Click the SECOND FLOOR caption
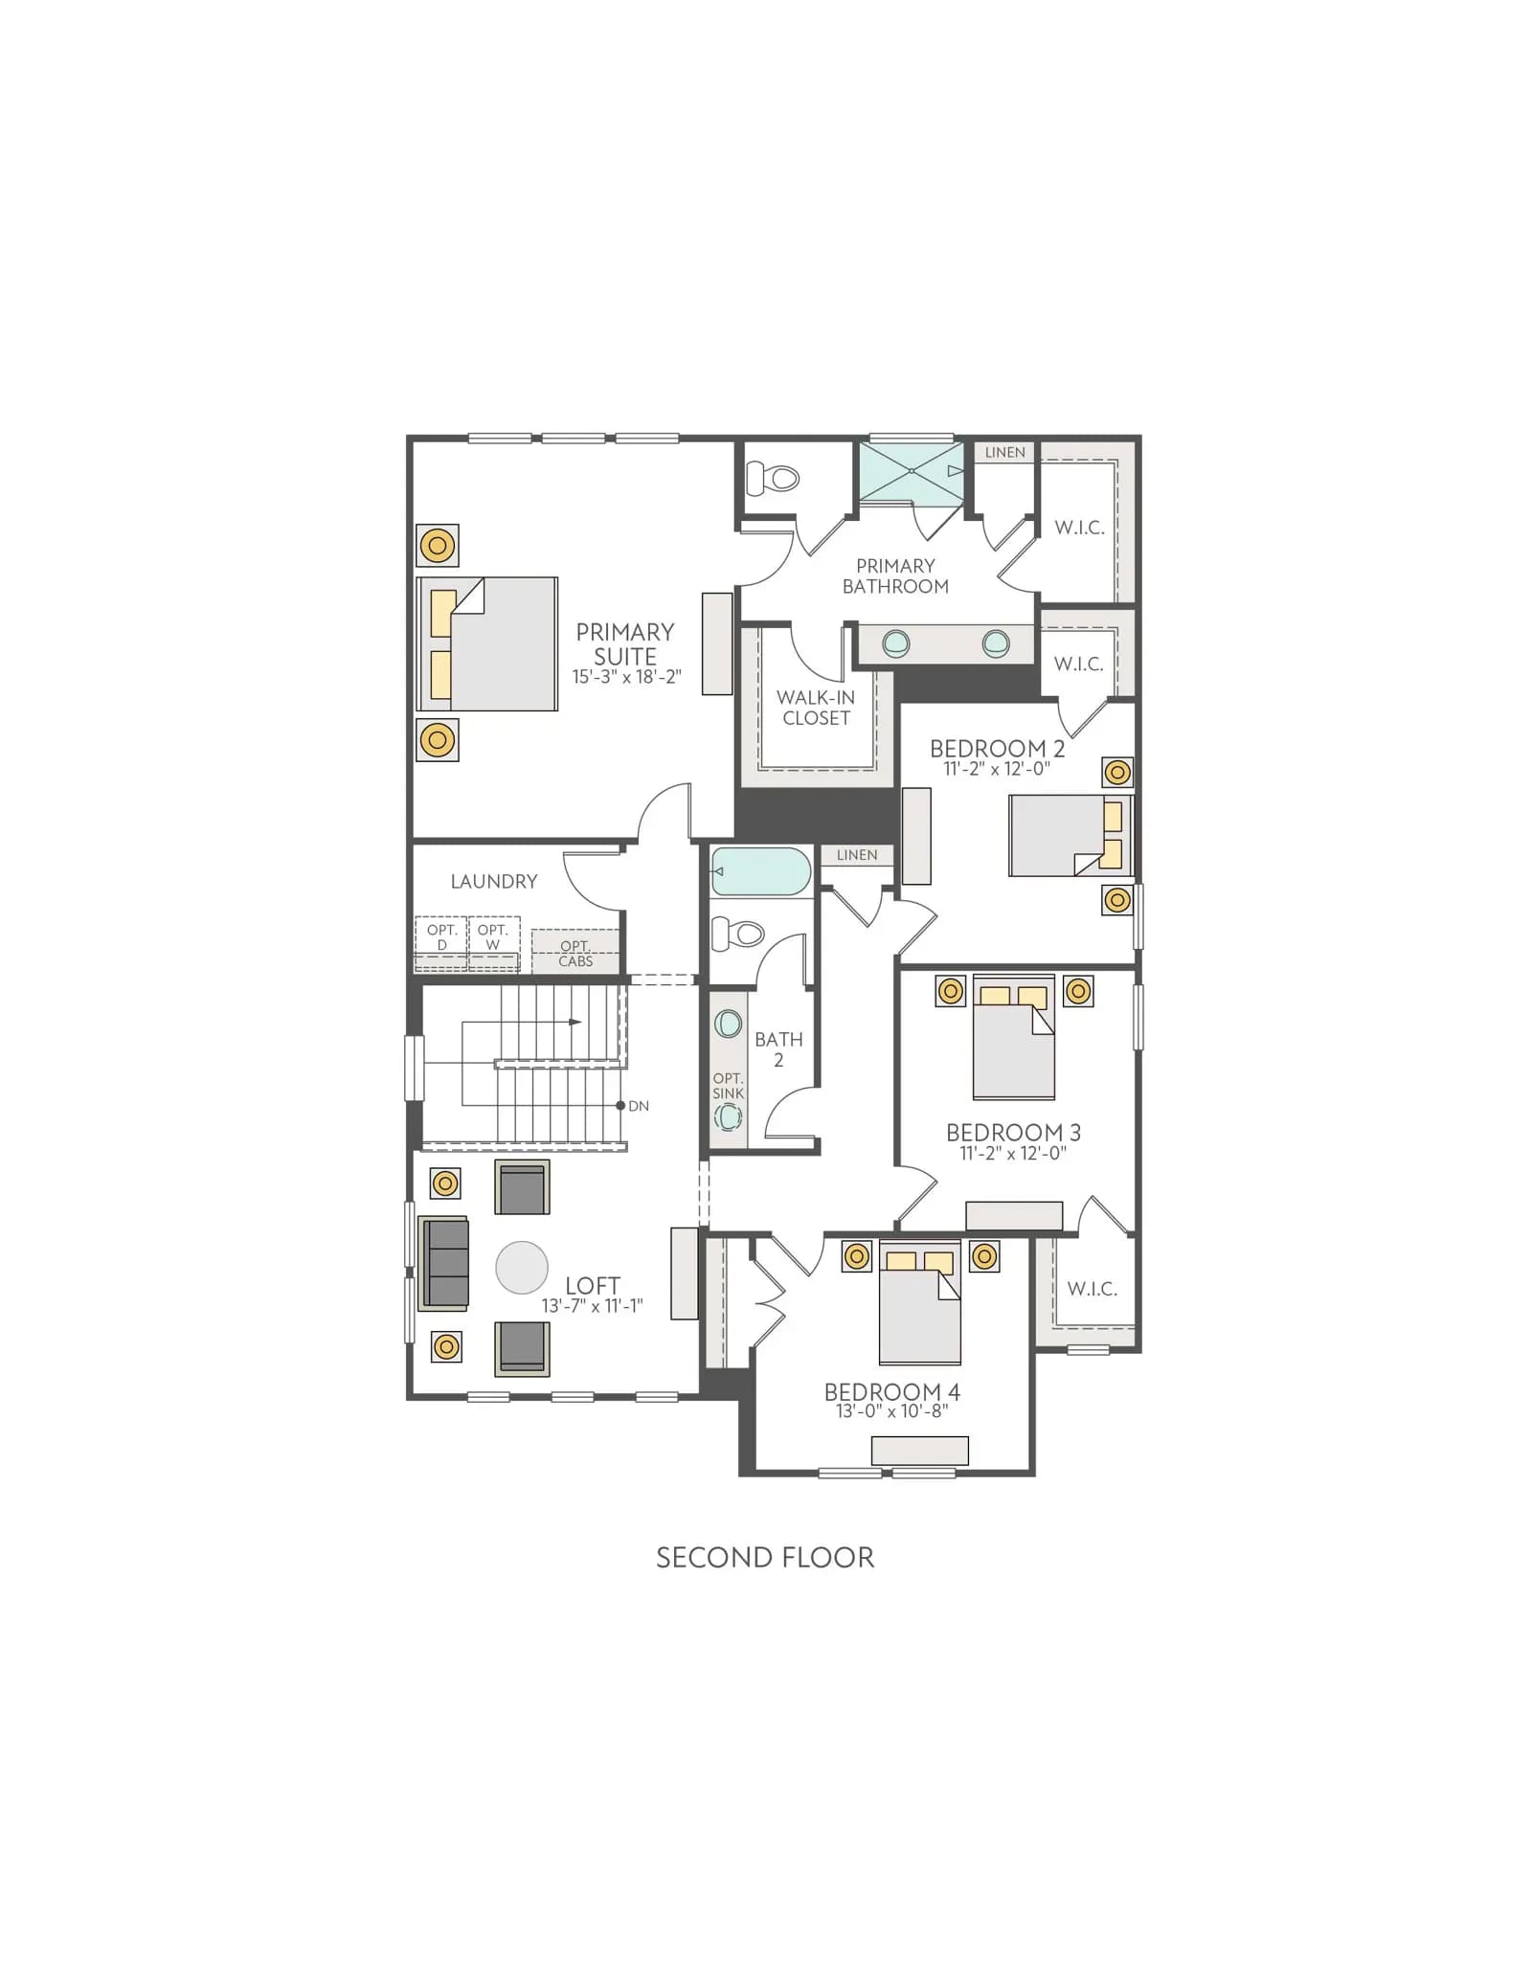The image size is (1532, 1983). coord(765,1558)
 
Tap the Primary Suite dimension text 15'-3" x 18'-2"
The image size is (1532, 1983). coord(626,677)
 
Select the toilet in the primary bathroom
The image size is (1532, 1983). coord(772,478)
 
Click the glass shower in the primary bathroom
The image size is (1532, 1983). coord(911,472)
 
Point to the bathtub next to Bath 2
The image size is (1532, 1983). coord(761,871)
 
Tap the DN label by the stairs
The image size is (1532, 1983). coord(639,1106)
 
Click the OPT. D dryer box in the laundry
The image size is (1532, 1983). coord(441,943)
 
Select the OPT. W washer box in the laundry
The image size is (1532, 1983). coord(493,943)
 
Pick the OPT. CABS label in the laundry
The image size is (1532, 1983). coord(575,954)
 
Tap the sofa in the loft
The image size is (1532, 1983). coord(444,1263)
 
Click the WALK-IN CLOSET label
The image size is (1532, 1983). coord(816,708)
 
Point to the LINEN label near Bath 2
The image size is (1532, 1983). coord(857,855)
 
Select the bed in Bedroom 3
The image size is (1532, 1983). coord(1014,1038)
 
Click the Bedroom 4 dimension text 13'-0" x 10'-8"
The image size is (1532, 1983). coord(891,1411)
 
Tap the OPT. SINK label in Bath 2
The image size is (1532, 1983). coord(728,1086)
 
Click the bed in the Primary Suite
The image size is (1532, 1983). coord(487,643)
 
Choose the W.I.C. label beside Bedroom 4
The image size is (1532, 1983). coord(1093,1289)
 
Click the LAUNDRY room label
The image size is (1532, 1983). coord(494,881)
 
